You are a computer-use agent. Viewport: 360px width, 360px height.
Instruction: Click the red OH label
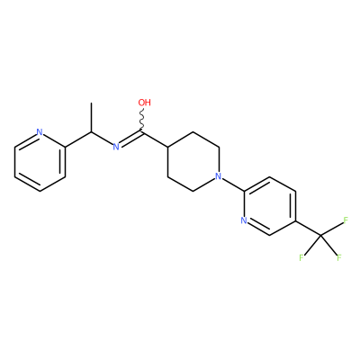[x=144, y=103]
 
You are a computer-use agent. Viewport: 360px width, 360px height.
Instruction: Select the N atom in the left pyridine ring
[x=40, y=132]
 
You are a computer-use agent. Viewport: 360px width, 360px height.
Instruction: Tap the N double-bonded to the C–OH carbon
[x=116, y=147]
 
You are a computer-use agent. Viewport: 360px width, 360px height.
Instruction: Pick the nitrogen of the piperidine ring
[x=219, y=176]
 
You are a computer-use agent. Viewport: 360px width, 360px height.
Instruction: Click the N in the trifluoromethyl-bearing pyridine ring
[x=244, y=220]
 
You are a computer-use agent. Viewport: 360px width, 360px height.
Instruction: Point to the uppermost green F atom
[x=346, y=220]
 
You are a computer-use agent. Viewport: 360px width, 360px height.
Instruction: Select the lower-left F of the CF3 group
[x=301, y=257]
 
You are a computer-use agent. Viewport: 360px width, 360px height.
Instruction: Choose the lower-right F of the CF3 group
[x=339, y=257]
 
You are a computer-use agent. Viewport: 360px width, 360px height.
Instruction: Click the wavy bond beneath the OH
[x=142, y=120]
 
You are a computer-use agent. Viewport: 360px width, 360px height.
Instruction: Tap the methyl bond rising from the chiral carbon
[x=91, y=117]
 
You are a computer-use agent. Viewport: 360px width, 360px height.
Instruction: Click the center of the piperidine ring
[x=193, y=161]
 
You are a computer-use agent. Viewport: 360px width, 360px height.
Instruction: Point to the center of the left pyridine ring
[x=40, y=161]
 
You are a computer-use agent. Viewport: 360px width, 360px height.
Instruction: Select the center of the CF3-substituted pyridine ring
[x=269, y=206]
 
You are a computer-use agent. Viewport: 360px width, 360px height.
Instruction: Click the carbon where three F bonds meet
[x=320, y=235]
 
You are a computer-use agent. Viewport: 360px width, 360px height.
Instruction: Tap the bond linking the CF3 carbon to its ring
[x=308, y=228]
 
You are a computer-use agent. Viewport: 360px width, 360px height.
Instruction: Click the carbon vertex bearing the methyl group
[x=91, y=132]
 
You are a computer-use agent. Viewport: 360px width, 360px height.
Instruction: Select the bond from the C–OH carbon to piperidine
[x=155, y=139]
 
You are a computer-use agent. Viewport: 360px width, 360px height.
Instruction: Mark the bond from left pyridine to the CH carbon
[x=78, y=139]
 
